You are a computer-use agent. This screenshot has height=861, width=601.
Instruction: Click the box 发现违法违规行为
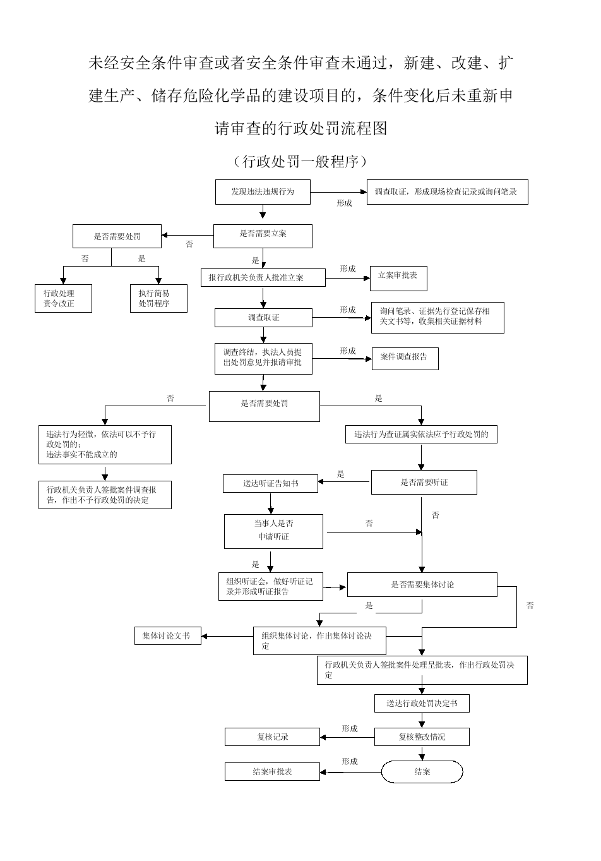[262, 192]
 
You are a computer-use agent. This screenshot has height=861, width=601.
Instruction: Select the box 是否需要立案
[263, 236]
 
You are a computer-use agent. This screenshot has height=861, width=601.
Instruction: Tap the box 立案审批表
[398, 277]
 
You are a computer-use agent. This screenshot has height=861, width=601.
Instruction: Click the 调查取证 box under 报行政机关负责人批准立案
[263, 317]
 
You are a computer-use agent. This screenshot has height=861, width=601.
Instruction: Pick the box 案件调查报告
[404, 358]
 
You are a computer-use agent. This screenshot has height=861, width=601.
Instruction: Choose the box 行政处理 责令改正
[63, 298]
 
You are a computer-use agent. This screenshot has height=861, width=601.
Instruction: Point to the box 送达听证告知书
[270, 484]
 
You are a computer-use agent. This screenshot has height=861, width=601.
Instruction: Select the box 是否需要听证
[424, 483]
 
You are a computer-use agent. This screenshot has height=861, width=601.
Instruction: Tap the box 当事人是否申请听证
[273, 531]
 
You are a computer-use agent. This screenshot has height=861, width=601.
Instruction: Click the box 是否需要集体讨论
[422, 585]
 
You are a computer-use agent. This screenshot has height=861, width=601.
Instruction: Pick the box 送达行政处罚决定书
[422, 703]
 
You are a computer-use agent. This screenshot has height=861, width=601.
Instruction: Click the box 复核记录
[272, 737]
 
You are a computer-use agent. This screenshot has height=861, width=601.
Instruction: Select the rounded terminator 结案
[422, 771]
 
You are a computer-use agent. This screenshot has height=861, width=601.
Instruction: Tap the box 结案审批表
[272, 771]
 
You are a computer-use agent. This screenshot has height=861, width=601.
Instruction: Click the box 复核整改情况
[422, 737]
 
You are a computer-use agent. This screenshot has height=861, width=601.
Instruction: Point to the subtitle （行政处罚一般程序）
[300, 162]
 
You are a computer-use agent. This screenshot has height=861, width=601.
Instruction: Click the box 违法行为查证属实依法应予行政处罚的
[421, 435]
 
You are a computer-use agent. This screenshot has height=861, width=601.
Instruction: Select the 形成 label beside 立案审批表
[348, 269]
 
